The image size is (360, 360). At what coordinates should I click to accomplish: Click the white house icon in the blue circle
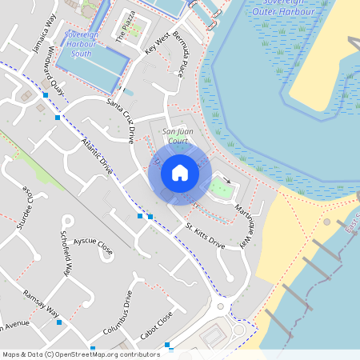(x=180, y=173)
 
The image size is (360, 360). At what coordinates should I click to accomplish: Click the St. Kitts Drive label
(x=206, y=238)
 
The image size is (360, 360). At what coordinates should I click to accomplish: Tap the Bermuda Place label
(x=180, y=61)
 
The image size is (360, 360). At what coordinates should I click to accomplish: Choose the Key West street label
(x=157, y=43)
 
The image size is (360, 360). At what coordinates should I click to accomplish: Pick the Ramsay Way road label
(x=41, y=302)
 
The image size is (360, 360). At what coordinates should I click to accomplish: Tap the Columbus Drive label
(x=116, y=313)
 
